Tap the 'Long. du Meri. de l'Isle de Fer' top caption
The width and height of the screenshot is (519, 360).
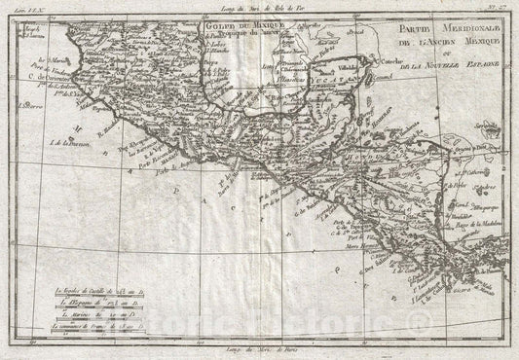click(266, 7)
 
